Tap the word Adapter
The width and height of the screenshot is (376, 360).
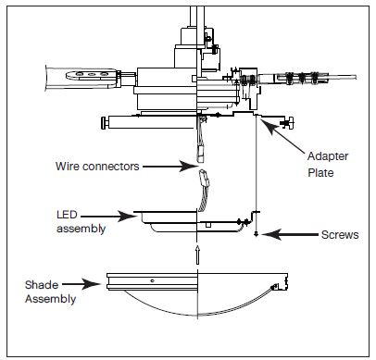328,156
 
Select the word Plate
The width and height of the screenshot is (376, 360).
320,172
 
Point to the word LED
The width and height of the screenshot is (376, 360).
67,215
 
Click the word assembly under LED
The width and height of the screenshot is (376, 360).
81,229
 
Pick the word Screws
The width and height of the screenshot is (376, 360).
340,235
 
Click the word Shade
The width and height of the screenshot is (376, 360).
42,285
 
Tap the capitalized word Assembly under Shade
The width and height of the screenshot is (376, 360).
50,299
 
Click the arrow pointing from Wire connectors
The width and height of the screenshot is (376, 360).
170,167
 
